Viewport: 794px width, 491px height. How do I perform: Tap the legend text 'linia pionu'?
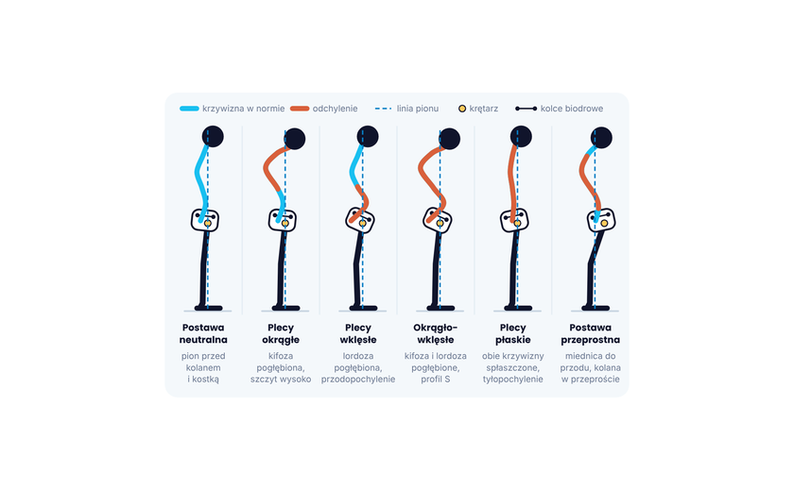417,109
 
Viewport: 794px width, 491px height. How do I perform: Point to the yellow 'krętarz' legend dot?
462,109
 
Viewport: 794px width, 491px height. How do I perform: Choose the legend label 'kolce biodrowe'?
572,109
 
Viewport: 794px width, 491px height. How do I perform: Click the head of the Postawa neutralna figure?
213,137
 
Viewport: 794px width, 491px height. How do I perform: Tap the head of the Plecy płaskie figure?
521,137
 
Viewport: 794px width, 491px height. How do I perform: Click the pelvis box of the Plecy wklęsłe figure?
360,220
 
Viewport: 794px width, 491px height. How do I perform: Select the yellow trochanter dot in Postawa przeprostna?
604,223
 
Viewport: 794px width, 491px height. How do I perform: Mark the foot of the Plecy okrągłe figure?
286,308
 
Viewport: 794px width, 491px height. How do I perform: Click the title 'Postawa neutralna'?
203,333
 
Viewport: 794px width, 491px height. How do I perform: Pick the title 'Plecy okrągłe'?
281,333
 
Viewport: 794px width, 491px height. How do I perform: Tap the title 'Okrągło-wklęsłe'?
436,333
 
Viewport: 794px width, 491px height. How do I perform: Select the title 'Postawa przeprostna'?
591,333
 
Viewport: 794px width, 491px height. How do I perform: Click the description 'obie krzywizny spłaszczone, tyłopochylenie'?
513,367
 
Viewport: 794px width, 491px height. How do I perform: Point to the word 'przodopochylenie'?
358,380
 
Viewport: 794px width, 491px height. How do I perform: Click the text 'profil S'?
436,380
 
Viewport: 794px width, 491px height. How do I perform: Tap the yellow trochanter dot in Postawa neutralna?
208,223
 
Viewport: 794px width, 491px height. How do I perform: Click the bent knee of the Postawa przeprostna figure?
592,262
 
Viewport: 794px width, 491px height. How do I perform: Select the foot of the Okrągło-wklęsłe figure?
440,308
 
